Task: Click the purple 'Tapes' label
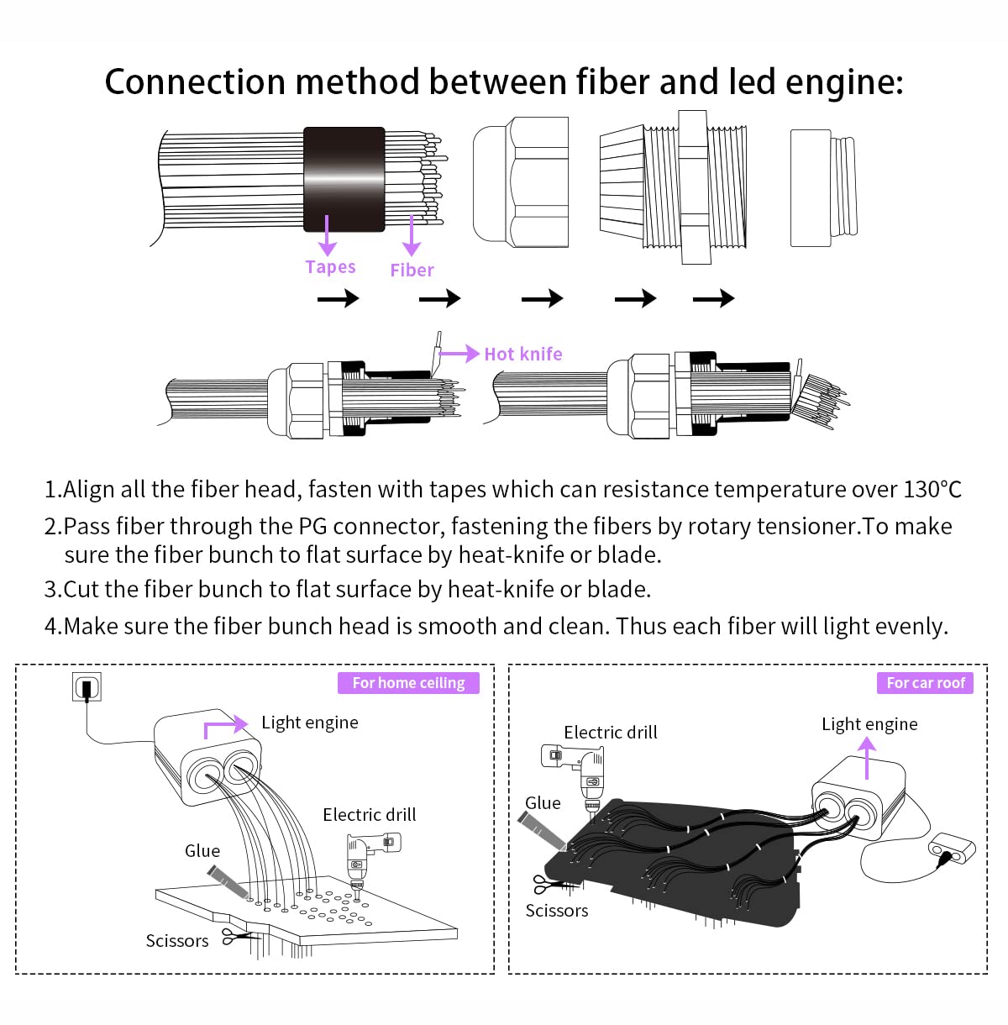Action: click(x=330, y=266)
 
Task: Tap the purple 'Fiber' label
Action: click(x=412, y=271)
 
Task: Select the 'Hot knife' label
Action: click(x=522, y=354)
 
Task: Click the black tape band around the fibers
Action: click(x=344, y=179)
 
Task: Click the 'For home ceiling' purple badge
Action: click(x=408, y=683)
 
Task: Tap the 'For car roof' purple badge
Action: click(x=925, y=683)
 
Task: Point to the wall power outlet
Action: click(x=87, y=687)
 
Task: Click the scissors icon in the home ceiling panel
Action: click(x=236, y=936)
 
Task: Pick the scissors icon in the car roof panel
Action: click(x=549, y=885)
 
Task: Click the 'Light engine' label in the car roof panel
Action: click(x=869, y=724)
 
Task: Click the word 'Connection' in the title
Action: click(x=195, y=81)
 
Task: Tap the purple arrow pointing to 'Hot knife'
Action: click(x=459, y=353)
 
